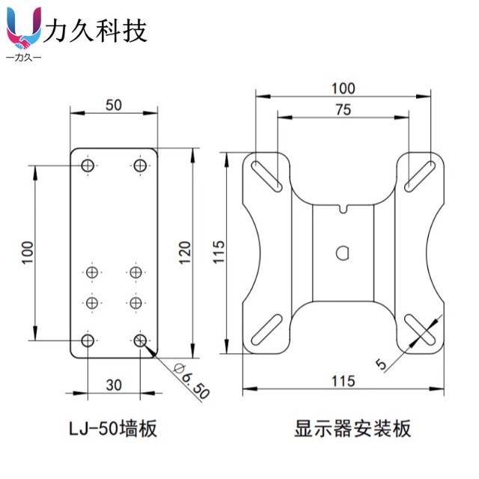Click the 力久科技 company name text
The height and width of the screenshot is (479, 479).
click(97, 31)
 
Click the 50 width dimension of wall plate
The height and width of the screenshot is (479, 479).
click(114, 105)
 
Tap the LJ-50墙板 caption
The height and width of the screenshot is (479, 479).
click(112, 430)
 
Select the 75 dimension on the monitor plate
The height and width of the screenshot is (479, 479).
click(342, 109)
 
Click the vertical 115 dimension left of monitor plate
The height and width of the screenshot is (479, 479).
click(219, 252)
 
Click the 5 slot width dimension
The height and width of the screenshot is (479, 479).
click(381, 364)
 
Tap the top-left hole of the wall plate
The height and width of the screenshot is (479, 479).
click(88, 165)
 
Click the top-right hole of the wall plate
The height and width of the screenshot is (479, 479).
click(140, 165)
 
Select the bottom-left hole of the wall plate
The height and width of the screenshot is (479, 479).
click(88, 341)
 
